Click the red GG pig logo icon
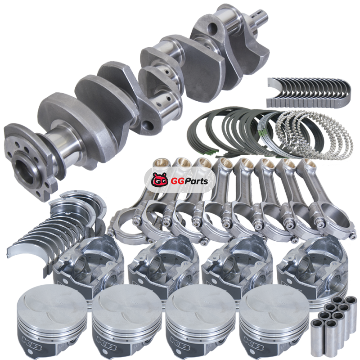[159, 180]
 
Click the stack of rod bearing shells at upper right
[309, 92]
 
